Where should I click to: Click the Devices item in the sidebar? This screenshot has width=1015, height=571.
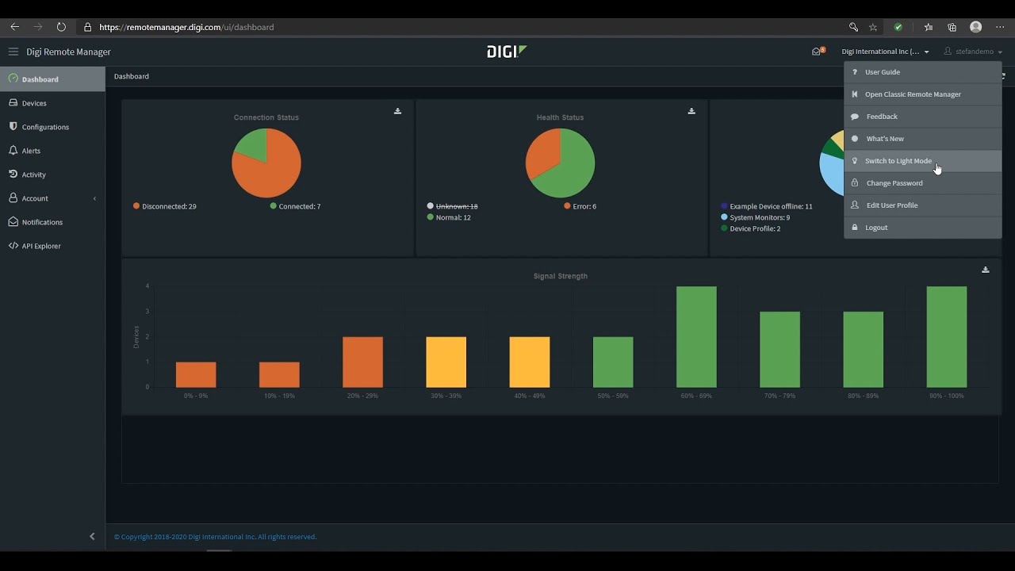click(x=34, y=103)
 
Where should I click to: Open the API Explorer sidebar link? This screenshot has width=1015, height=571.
click(x=40, y=246)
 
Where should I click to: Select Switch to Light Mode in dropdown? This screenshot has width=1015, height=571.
click(x=898, y=161)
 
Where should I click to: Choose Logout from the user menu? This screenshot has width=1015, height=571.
click(x=875, y=228)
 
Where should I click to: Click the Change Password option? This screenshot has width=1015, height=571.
click(x=894, y=183)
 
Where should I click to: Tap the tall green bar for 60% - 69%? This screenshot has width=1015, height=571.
click(x=696, y=337)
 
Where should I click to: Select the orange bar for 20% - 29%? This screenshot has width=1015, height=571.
click(x=362, y=362)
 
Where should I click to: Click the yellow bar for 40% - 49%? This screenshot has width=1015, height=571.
click(x=529, y=362)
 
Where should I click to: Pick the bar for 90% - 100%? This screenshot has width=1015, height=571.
click(x=946, y=337)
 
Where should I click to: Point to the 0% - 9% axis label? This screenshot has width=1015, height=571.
click(x=196, y=396)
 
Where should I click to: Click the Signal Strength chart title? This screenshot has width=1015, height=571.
click(x=561, y=276)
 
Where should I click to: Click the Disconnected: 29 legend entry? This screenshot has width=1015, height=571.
click(x=169, y=206)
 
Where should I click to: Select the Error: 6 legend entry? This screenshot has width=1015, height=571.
click(x=584, y=206)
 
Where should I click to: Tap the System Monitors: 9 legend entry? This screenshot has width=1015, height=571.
click(x=759, y=217)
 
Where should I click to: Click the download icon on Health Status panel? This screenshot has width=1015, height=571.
click(x=691, y=111)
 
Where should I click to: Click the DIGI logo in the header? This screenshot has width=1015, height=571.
click(x=507, y=52)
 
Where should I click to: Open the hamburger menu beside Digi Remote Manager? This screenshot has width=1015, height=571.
click(x=13, y=52)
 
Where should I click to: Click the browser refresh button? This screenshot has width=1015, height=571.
click(x=61, y=27)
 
